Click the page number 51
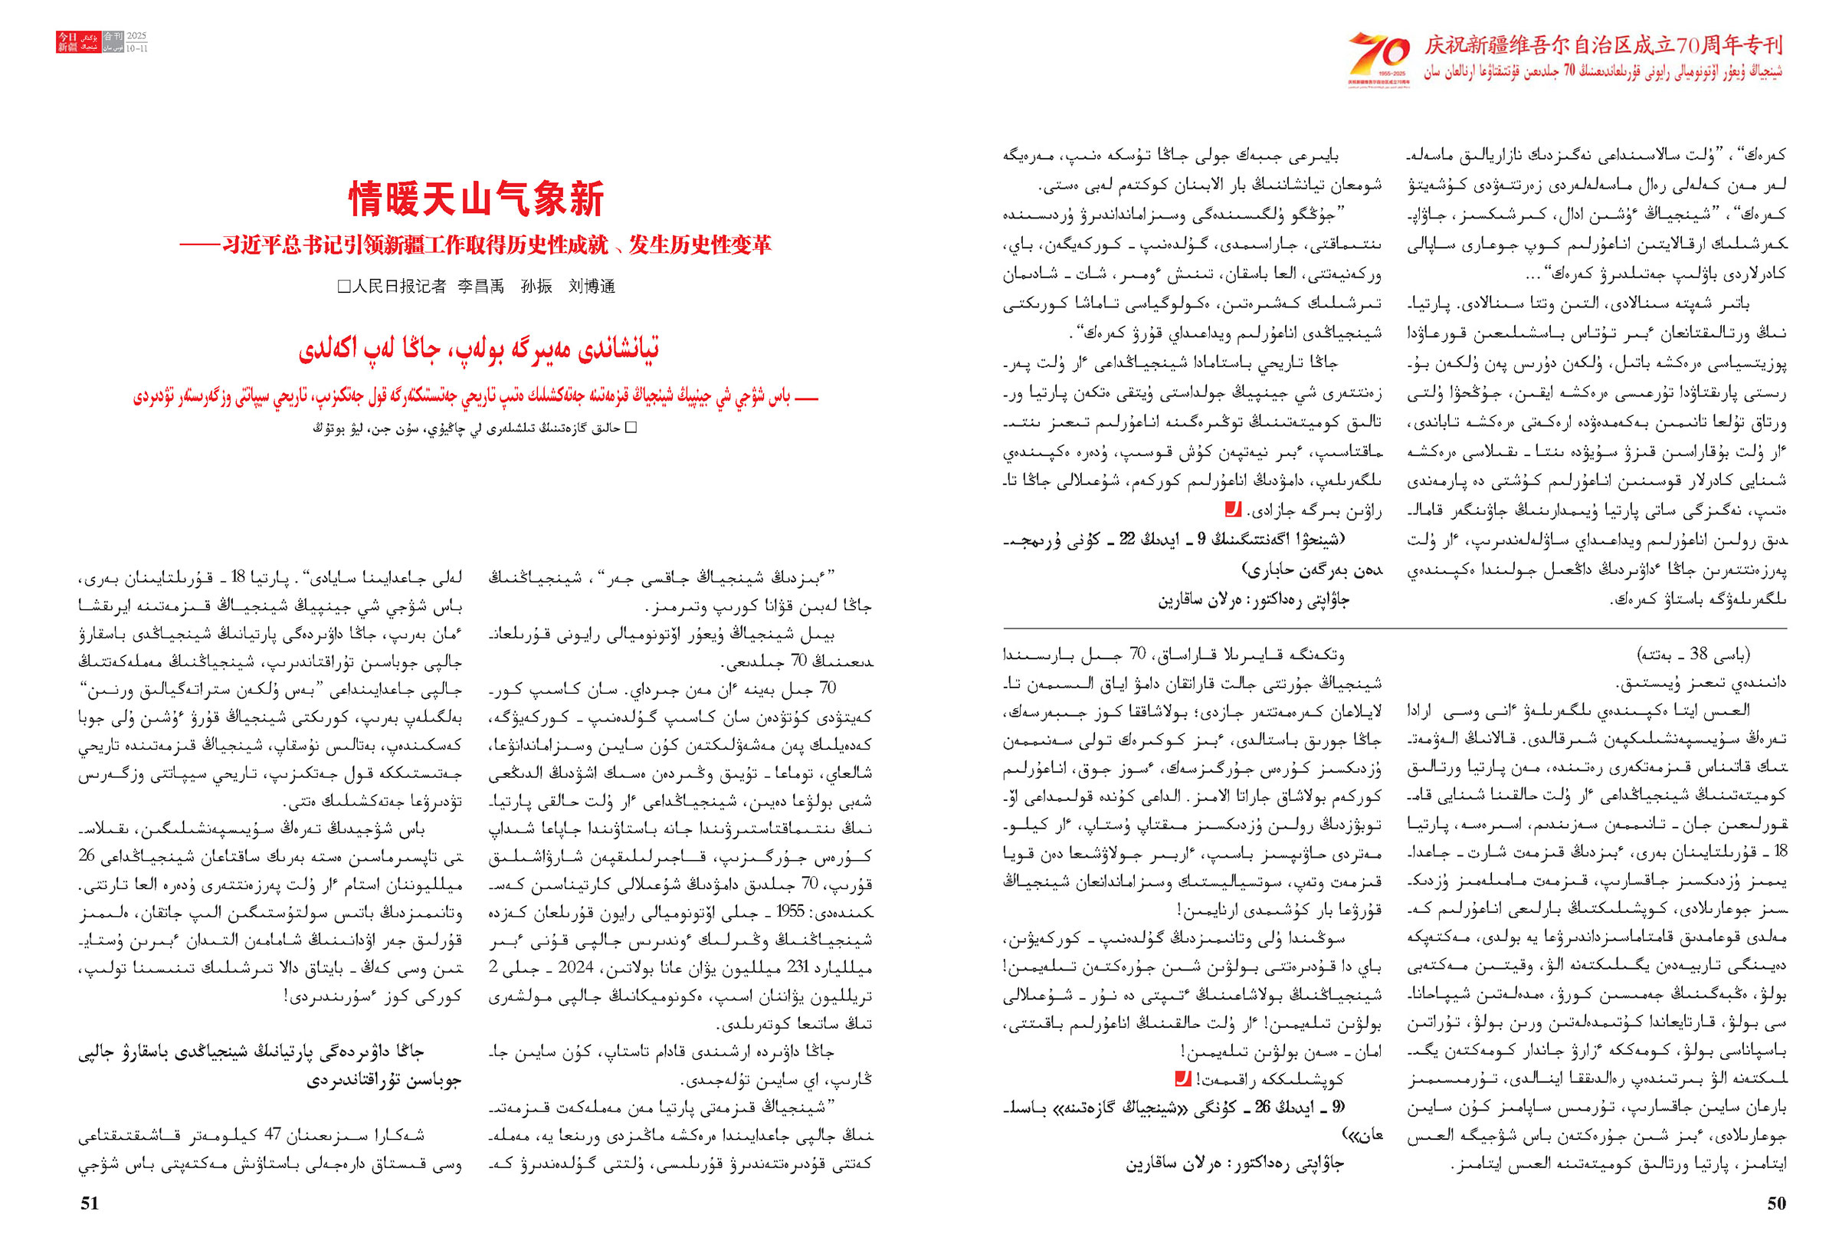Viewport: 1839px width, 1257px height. pos(90,1203)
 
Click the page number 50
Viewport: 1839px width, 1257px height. pos(1776,1203)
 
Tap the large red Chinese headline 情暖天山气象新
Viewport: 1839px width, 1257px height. pos(477,199)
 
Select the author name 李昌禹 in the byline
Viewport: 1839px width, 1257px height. pos(480,287)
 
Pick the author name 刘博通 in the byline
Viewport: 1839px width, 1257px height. pos(591,287)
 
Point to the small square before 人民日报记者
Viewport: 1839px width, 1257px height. pos(343,287)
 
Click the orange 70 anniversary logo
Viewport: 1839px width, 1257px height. pos(1378,57)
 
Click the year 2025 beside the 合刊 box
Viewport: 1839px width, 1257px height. pos(137,37)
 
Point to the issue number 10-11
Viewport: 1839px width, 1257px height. pos(137,48)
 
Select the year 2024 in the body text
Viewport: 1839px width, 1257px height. pos(575,967)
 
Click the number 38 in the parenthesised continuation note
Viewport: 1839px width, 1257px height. pos(1698,654)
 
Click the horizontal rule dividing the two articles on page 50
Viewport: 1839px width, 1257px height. pos(1395,628)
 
